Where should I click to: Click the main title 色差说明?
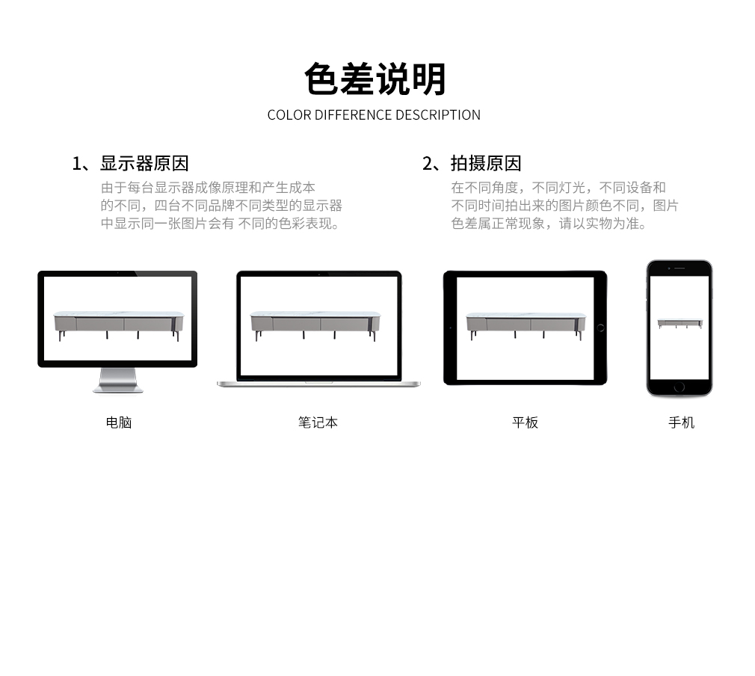[375, 79]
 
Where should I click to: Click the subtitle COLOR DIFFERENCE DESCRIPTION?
[374, 115]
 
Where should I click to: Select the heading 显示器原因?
[144, 163]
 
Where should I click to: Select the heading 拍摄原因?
[486, 163]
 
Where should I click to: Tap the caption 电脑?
[118, 423]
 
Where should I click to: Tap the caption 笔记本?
[318, 423]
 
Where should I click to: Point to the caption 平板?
[525, 423]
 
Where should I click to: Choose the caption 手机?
[681, 423]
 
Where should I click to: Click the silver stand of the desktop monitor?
[118, 380]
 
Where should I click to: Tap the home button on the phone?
[679, 387]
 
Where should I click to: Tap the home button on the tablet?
[600, 328]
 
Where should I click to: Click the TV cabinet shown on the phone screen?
[679, 324]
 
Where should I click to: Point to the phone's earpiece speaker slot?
[679, 268]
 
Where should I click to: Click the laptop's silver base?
[318, 384]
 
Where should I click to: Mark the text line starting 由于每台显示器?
[208, 188]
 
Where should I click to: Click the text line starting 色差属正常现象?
[549, 224]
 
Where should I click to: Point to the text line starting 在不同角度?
[558, 188]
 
